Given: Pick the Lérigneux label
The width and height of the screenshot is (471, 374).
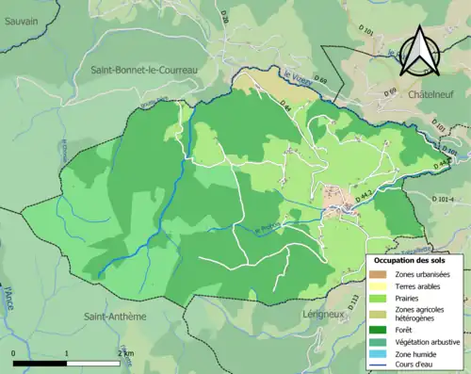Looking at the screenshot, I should [x=327, y=314].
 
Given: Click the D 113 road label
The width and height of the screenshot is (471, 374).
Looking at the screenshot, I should [x=354, y=301].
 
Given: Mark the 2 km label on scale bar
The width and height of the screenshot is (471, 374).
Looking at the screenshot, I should [x=123, y=352].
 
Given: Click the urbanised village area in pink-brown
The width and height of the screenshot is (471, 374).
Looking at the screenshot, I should [x=335, y=199].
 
